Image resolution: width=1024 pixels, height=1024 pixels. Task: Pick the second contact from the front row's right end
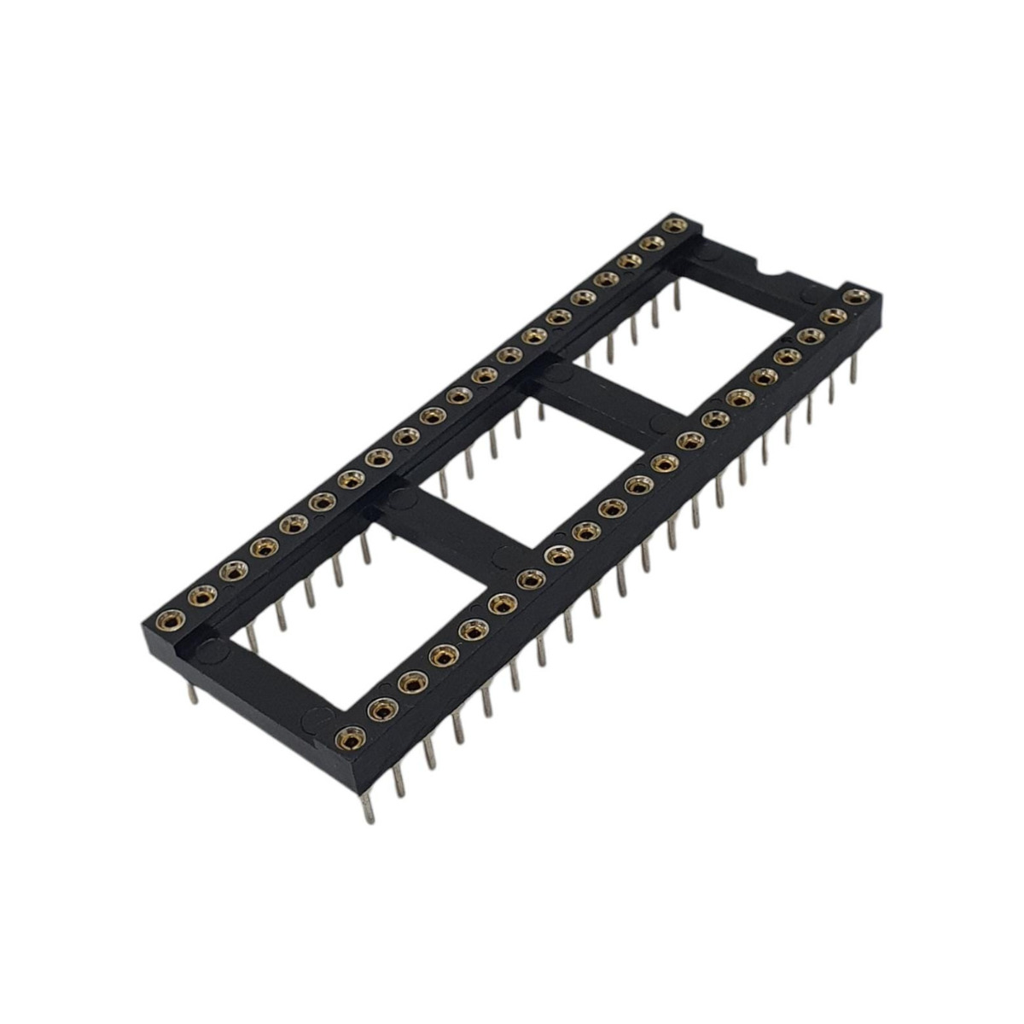coord(831,316)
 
